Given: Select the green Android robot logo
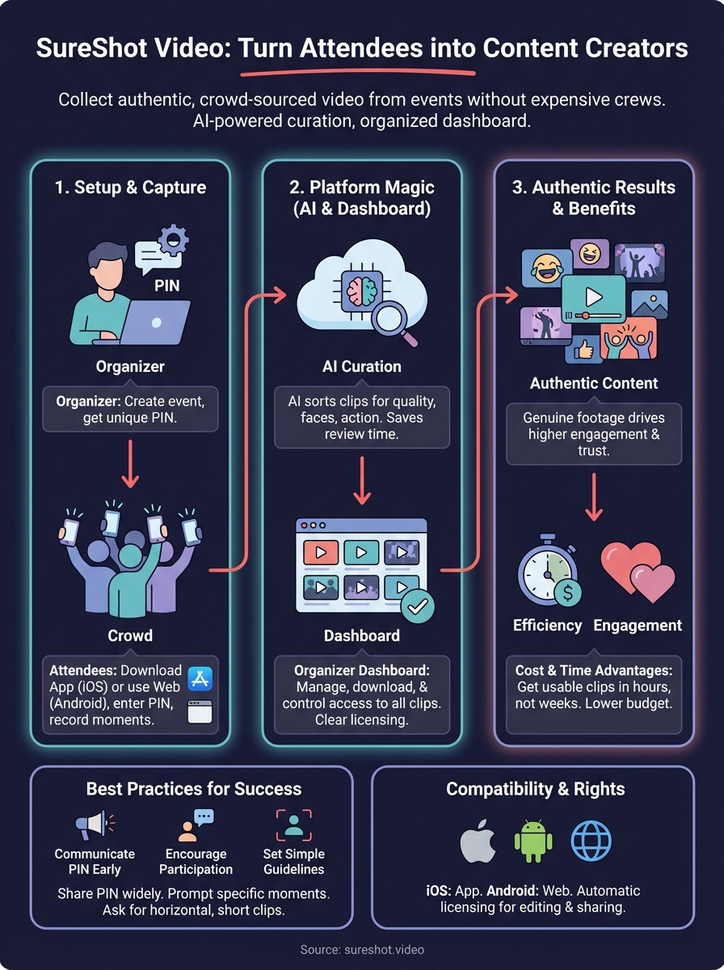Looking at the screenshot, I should pos(533,842).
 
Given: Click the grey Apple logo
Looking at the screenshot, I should pos(478,842).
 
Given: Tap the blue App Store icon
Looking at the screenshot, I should pos(200,678).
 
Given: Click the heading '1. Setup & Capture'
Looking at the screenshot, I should pos(130,188).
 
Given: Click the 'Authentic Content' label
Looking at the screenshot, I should pos(594,383).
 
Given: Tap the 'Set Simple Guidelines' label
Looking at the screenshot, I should pos(293,862).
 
